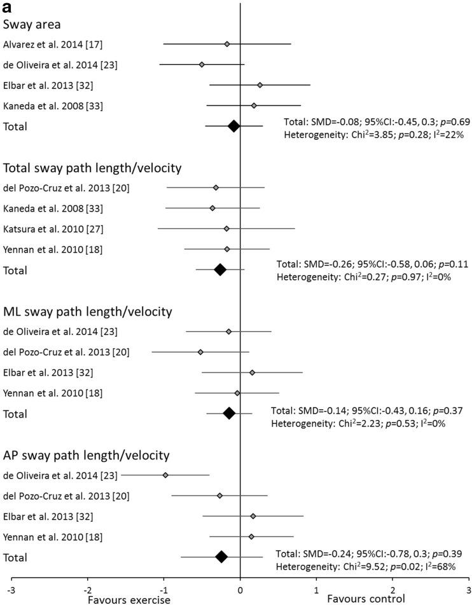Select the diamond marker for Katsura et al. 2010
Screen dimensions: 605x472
(x=226, y=228)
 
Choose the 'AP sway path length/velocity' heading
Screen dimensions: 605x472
(x=86, y=456)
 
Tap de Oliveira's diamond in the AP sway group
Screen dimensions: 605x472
(x=165, y=475)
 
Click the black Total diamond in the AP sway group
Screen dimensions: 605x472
(x=221, y=557)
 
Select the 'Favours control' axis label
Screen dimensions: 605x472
(x=365, y=599)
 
